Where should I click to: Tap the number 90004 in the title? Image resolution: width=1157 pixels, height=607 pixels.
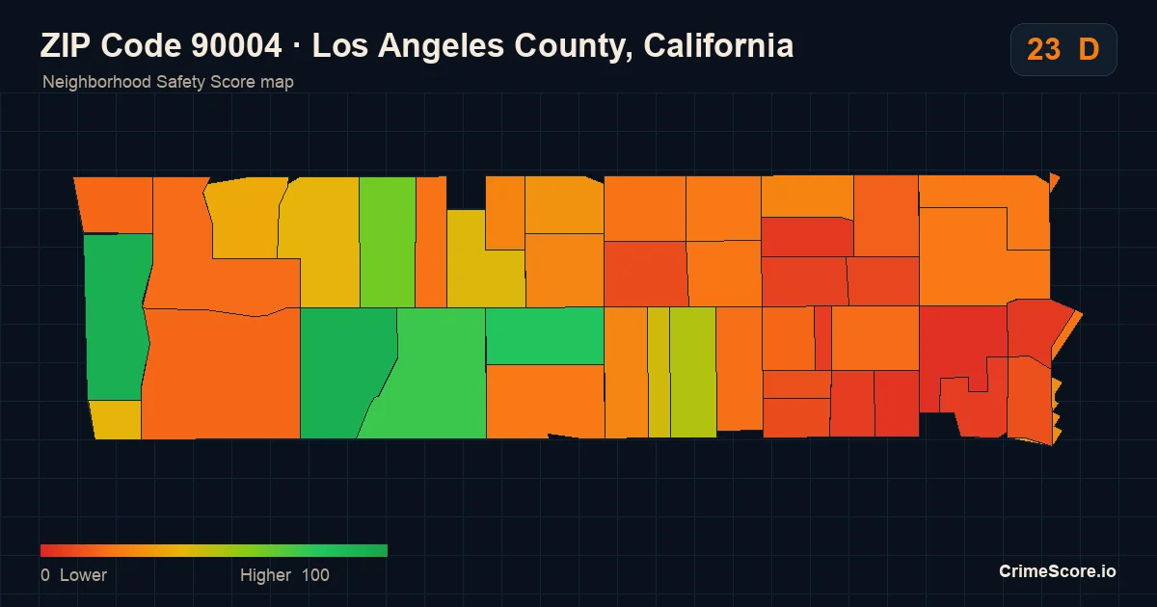click(x=236, y=45)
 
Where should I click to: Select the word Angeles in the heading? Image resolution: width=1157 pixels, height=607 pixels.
click(x=442, y=46)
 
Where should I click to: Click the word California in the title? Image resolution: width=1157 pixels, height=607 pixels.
click(x=718, y=45)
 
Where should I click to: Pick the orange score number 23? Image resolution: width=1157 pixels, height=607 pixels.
click(x=1043, y=49)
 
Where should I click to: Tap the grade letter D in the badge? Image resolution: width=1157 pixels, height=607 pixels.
click(x=1089, y=49)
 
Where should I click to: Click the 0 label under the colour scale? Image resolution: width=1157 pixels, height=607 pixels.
click(x=45, y=575)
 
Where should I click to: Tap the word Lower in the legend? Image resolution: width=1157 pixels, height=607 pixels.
click(x=83, y=575)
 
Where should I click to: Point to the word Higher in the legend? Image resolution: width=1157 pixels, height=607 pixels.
click(x=265, y=575)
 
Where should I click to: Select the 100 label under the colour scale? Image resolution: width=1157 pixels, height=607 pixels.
click(x=315, y=575)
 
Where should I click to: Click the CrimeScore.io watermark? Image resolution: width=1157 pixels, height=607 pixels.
click(x=1058, y=571)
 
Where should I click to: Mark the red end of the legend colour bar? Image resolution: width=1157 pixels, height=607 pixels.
click(x=41, y=550)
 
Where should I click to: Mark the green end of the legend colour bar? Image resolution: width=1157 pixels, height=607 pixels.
click(x=387, y=550)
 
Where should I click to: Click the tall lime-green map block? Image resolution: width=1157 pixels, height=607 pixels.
click(x=388, y=242)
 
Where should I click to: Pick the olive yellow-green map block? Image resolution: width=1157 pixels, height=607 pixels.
click(x=693, y=372)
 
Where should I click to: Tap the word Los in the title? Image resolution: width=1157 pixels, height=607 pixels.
click(x=339, y=45)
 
